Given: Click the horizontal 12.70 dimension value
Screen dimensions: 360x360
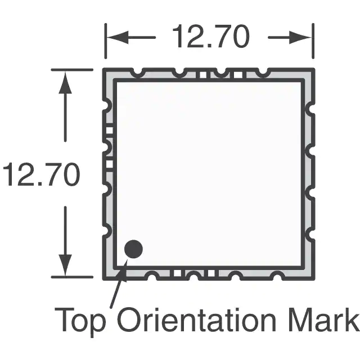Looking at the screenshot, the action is pyautogui.click(x=211, y=37).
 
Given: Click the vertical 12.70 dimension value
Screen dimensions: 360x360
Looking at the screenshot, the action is pyautogui.click(x=42, y=174).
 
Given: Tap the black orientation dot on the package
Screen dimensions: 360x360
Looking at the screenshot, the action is pyautogui.click(x=133, y=249).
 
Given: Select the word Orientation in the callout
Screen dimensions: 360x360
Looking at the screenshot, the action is pyautogui.click(x=196, y=319).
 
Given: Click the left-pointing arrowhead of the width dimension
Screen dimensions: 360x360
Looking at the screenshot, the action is pyautogui.click(x=118, y=37).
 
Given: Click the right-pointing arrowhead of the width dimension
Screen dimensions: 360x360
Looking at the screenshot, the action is pyautogui.click(x=300, y=37).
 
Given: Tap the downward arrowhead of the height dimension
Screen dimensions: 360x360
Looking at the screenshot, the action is pyautogui.click(x=65, y=264).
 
